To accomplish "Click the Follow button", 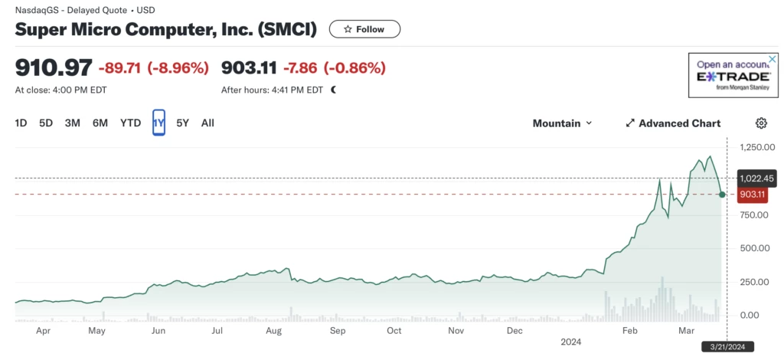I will coord(364,29).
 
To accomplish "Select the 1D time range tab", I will coord(21,123).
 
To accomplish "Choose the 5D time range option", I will coord(46,123).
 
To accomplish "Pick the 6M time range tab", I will coord(100,123).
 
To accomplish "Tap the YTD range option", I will coord(130,123).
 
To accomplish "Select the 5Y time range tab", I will coord(182,123).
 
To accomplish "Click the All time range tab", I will coord(207,123).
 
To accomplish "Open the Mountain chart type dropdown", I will coord(562,123).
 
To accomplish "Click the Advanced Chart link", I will coord(673,123).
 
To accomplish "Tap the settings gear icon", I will coord(761,123).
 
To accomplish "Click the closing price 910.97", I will coord(54,67).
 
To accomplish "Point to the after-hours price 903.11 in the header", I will coord(249,67).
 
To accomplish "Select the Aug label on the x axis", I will coord(273,331).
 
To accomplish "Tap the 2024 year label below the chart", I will coord(571,340).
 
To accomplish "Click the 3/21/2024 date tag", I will coord(728,346).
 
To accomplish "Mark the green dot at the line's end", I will coord(722,195).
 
